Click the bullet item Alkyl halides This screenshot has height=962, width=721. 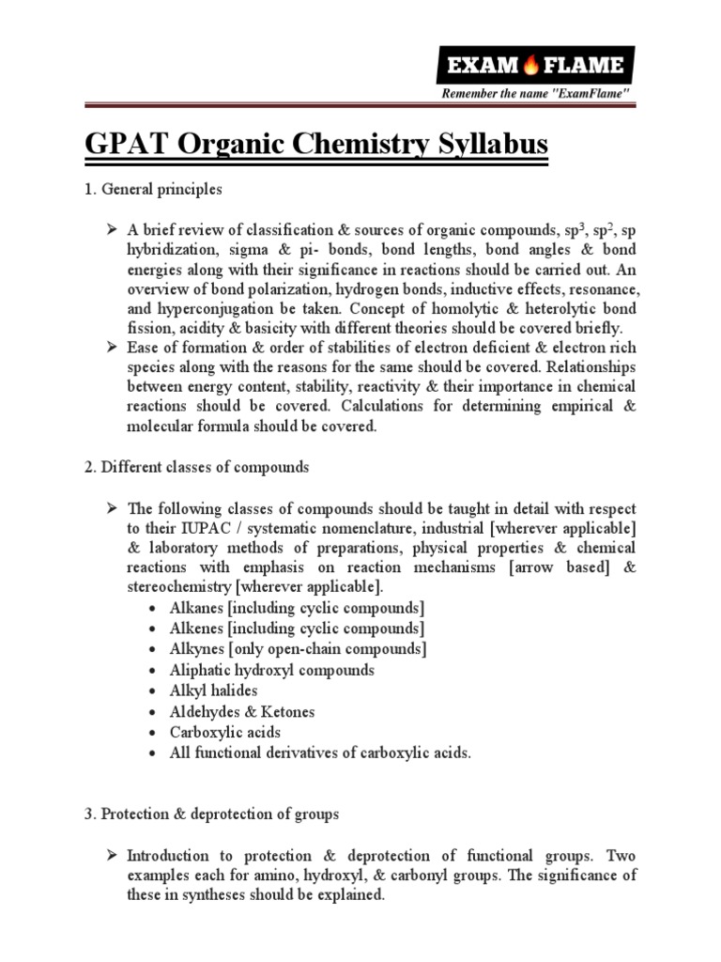[x=213, y=690]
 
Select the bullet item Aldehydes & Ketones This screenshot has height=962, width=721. [x=242, y=711]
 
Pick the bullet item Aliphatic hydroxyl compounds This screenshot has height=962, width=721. [x=272, y=670]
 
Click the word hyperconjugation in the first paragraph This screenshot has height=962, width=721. [x=213, y=307]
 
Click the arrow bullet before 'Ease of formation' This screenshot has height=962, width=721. [x=111, y=347]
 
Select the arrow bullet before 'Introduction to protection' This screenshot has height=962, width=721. [x=111, y=855]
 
